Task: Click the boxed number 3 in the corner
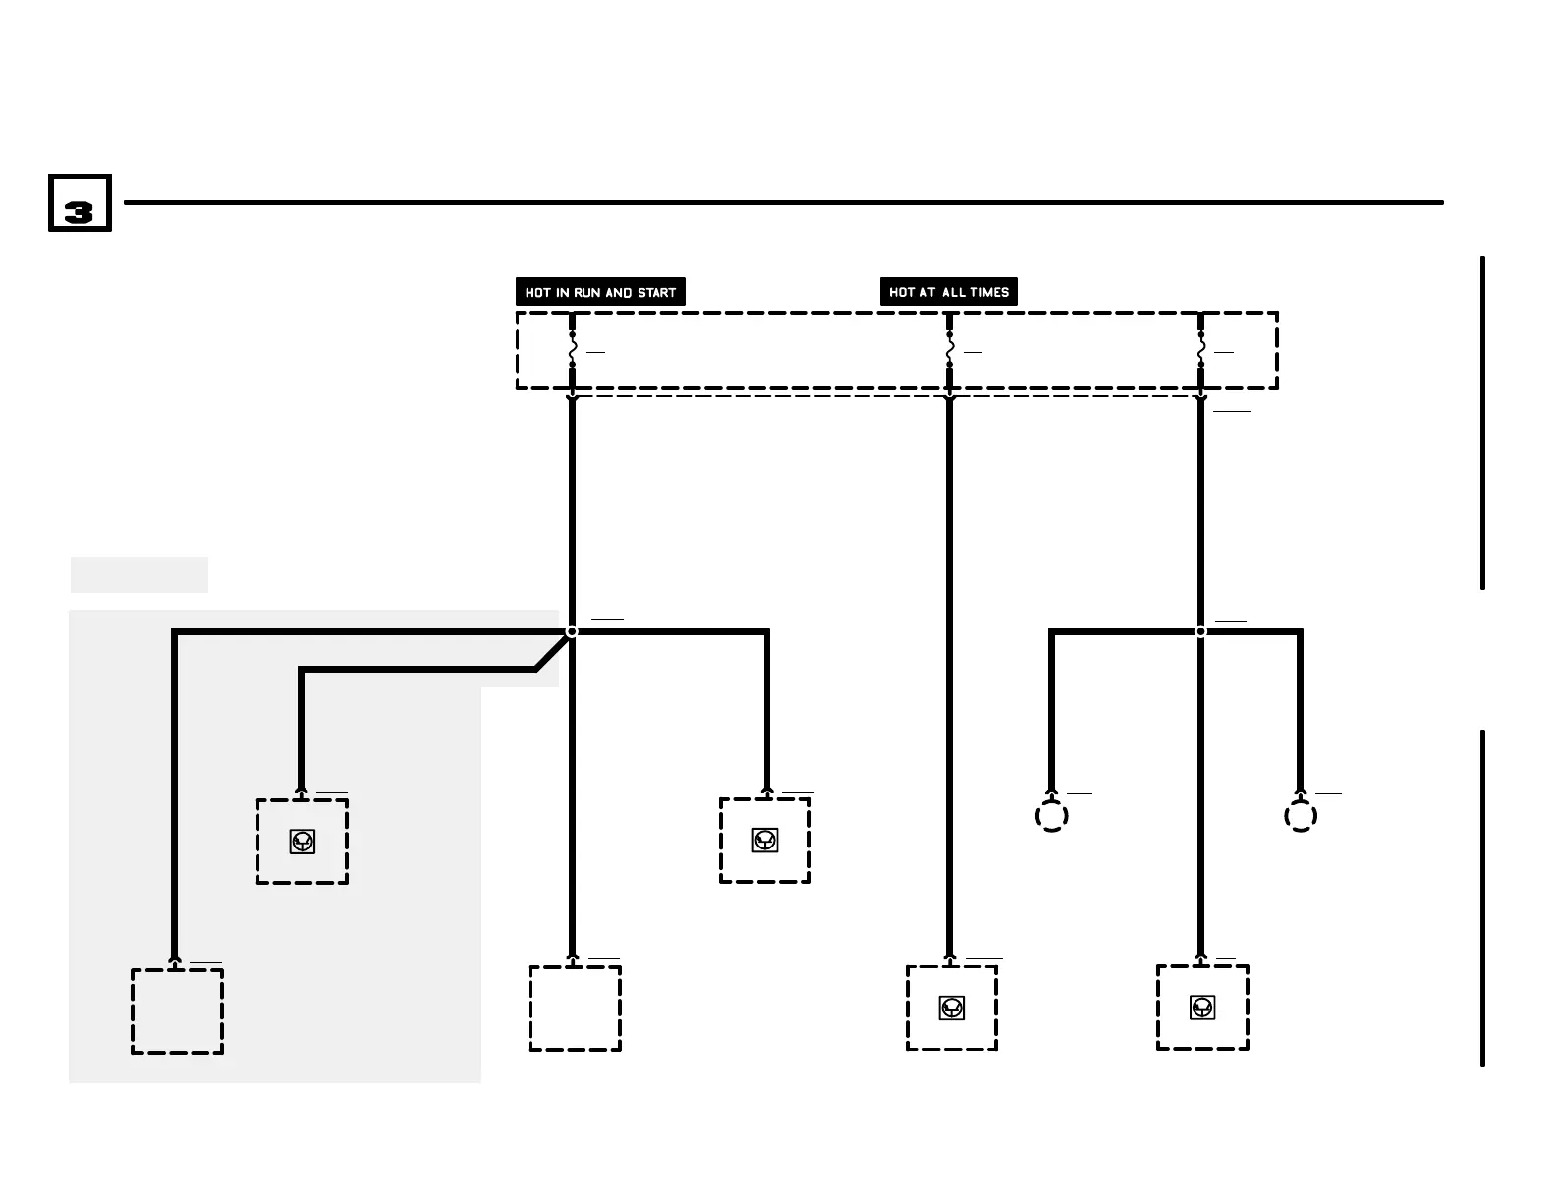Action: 80,204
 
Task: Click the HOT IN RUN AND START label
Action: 600,292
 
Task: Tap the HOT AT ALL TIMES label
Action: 948,292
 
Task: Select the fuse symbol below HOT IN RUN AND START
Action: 573,350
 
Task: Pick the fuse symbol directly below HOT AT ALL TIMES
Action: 949,350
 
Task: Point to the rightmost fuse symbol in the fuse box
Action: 1200,350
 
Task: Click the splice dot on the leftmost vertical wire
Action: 572,631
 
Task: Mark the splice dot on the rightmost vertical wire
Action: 1200,631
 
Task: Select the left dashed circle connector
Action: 1052,816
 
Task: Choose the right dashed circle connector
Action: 1301,816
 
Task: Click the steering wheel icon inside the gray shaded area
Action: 303,842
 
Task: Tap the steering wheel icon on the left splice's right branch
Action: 765,841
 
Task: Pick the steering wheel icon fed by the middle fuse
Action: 951,1008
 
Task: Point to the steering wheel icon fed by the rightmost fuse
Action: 1202,1008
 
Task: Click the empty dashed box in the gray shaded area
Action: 178,1011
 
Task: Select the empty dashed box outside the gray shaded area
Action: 576,1009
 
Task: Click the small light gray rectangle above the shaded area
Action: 139,575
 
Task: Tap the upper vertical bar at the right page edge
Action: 1482,422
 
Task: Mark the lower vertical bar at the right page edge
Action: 1482,898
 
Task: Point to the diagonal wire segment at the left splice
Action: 552,651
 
